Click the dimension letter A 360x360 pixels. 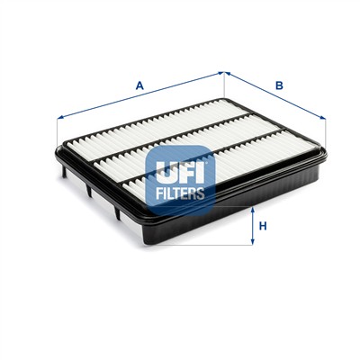coord(139,85)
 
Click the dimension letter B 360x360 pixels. coord(280,86)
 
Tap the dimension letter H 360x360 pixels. coord(262,226)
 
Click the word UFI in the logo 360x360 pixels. coord(182,167)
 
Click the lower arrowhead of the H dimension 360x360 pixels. coord(250,244)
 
